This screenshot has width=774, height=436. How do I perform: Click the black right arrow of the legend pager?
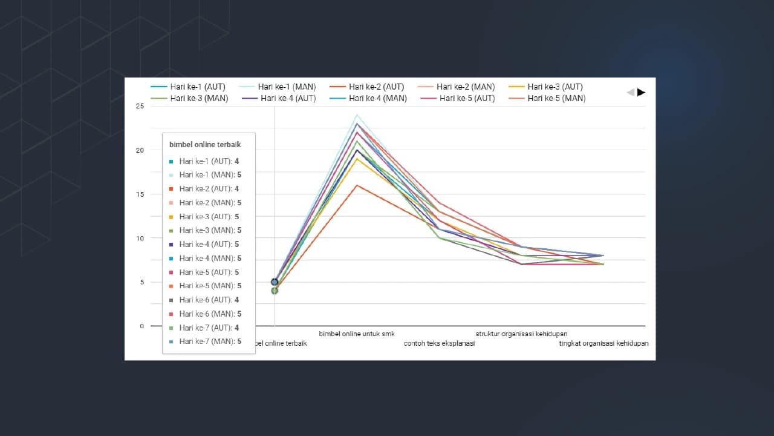(642, 92)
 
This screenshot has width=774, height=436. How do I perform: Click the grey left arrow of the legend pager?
(630, 92)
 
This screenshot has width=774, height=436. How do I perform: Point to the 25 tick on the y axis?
(140, 106)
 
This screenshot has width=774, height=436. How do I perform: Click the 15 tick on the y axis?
(140, 194)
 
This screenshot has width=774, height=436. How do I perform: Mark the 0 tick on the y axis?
(142, 326)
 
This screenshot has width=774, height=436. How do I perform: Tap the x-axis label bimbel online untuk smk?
(357, 334)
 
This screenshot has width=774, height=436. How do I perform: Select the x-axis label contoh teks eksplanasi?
(439, 343)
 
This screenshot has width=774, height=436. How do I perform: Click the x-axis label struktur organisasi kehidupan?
(521, 334)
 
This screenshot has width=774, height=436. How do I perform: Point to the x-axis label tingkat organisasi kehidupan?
(603, 343)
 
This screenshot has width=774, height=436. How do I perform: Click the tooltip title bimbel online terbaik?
(205, 145)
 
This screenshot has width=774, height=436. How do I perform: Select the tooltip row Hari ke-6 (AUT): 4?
(209, 300)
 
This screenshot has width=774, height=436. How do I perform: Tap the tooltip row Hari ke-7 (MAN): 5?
(210, 342)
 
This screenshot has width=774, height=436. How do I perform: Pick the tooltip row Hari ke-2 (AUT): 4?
(209, 189)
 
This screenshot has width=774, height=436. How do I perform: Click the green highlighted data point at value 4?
(275, 291)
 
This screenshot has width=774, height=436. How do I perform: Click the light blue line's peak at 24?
(357, 114)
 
